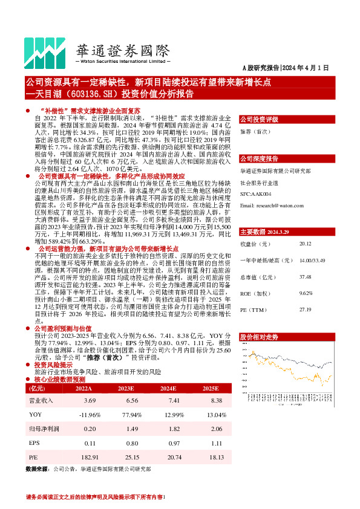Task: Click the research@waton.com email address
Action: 272,206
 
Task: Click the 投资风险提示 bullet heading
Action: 53,366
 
